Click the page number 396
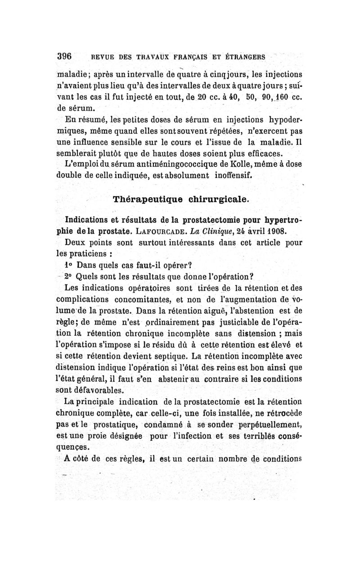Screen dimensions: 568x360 (65, 57)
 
